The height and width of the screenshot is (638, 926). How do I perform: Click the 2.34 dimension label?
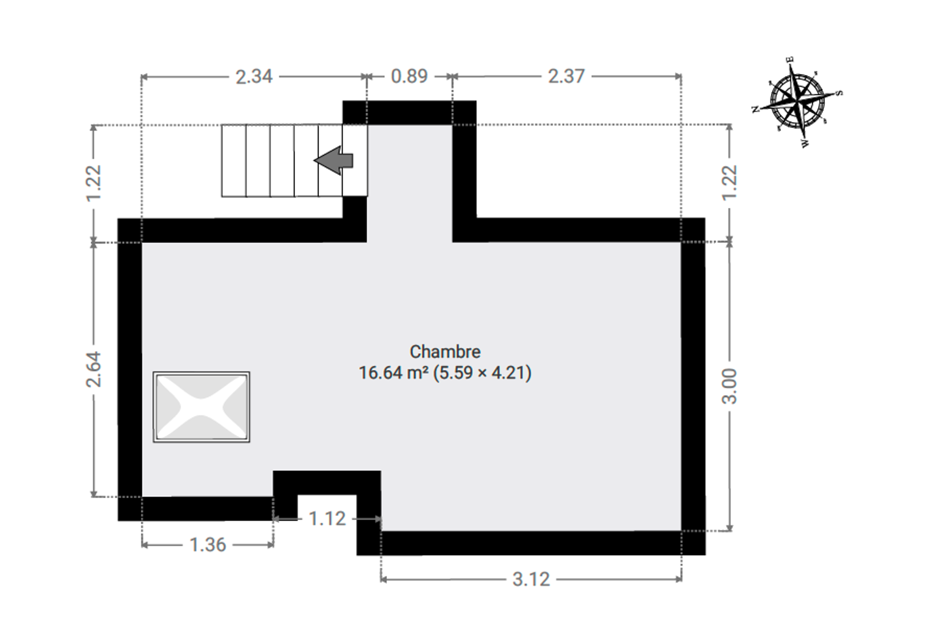(254, 77)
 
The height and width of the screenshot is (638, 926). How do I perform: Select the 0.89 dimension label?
(409, 77)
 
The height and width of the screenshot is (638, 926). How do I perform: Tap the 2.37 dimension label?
(566, 77)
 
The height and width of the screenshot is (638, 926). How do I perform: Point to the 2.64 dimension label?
(94, 369)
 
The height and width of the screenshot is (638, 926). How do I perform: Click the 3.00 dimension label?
(729, 386)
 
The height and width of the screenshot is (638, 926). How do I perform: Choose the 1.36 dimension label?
(208, 545)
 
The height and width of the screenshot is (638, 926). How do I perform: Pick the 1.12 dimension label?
(327, 519)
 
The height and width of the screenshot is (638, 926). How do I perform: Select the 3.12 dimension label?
(531, 580)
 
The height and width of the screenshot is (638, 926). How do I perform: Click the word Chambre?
(445, 352)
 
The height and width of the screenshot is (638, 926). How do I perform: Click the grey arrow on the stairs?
(333, 160)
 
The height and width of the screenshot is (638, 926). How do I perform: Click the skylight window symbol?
(201, 407)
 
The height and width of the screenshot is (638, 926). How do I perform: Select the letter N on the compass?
(755, 110)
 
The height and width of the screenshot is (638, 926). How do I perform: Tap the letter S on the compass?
(839, 93)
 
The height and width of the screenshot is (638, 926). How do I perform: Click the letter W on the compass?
(805, 144)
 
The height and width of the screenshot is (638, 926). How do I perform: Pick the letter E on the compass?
(790, 60)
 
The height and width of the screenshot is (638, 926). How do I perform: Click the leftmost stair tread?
(234, 161)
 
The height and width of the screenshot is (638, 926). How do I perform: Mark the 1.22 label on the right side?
(729, 183)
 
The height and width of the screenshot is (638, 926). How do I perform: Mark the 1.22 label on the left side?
(94, 183)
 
